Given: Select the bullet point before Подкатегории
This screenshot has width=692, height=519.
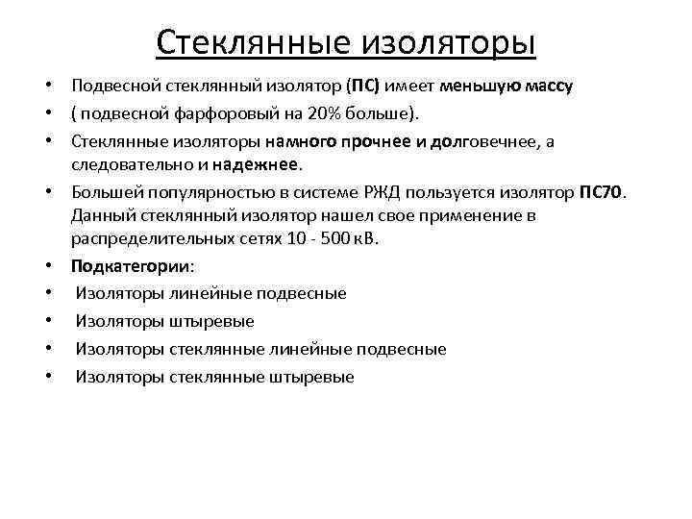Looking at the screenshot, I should point(48,265).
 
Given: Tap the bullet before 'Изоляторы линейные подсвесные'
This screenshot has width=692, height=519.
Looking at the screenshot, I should point(48,293).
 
